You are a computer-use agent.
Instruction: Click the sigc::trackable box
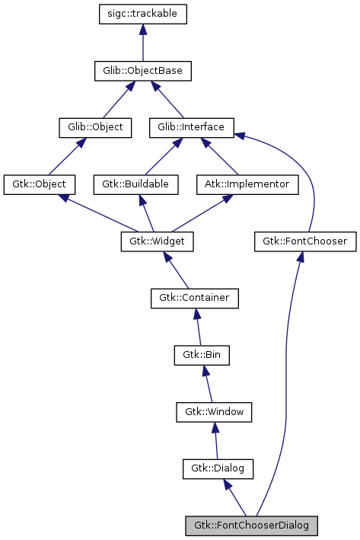click(x=143, y=14)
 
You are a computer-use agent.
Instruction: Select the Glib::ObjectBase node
click(x=142, y=71)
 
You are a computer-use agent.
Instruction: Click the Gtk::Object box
click(x=39, y=184)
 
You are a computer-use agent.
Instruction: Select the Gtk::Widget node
click(x=157, y=241)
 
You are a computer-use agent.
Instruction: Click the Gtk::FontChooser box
click(x=304, y=241)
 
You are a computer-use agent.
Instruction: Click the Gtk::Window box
click(x=214, y=411)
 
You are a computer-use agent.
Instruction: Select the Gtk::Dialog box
click(x=218, y=468)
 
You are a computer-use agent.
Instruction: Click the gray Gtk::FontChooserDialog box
click(x=251, y=526)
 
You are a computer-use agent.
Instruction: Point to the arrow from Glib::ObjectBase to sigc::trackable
click(x=143, y=43)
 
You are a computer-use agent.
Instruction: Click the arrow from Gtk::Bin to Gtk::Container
click(x=198, y=327)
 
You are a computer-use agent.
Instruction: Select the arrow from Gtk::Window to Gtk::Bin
click(x=208, y=383)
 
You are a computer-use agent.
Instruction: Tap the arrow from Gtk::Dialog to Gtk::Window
click(x=216, y=440)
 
